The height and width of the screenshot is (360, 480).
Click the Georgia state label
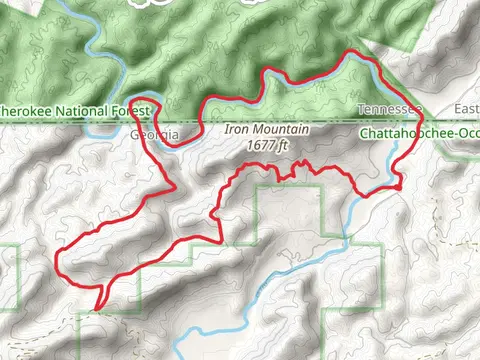point(155,134)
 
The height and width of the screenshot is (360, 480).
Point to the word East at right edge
point(467,108)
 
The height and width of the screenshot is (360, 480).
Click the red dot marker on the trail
point(398,187)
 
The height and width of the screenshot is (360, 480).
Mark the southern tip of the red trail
point(97,308)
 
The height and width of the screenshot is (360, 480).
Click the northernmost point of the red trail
point(350,52)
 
